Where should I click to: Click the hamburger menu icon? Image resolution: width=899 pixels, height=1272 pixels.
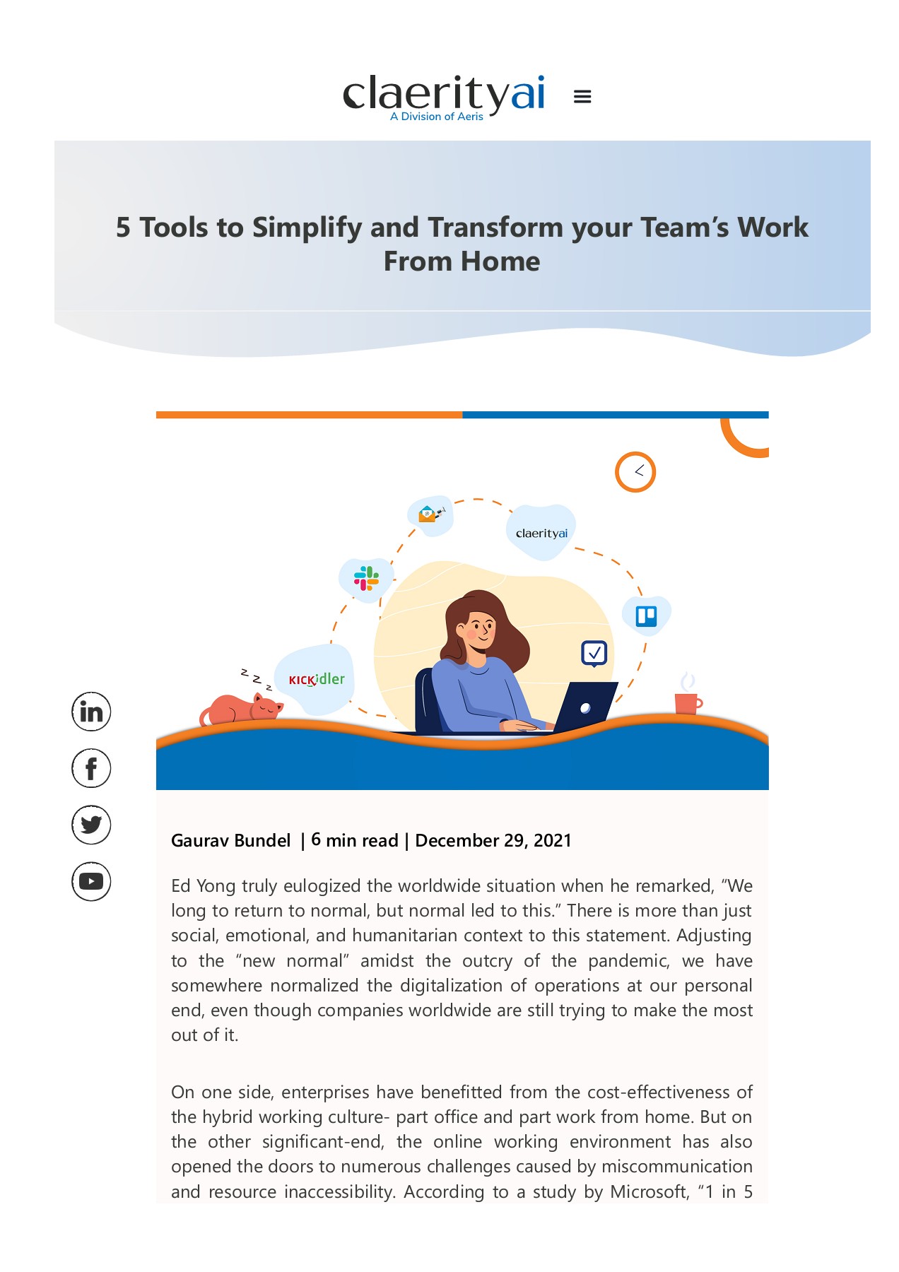[x=582, y=97]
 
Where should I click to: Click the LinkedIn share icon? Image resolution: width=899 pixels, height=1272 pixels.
[x=91, y=712]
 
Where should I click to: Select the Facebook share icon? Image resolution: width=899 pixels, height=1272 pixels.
[x=91, y=768]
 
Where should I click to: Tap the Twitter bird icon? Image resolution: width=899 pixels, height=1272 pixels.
[x=91, y=825]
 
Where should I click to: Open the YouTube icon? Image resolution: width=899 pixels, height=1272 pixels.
[x=91, y=881]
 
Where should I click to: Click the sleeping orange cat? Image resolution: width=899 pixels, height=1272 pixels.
[x=242, y=709]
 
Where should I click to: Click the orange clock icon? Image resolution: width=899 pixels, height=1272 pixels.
[x=635, y=472]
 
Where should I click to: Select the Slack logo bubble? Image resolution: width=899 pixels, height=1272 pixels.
[x=366, y=579]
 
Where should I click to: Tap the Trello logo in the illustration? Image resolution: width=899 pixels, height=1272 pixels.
[x=646, y=616]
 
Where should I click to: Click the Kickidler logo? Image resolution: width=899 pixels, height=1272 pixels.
[x=316, y=680]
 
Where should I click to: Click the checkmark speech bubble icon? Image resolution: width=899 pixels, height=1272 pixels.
[x=594, y=653]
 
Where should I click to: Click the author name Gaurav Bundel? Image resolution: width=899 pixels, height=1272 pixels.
[x=230, y=840]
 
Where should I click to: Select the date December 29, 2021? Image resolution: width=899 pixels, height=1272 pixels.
[x=493, y=840]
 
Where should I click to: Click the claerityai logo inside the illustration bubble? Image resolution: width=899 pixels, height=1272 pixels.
[x=541, y=534]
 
